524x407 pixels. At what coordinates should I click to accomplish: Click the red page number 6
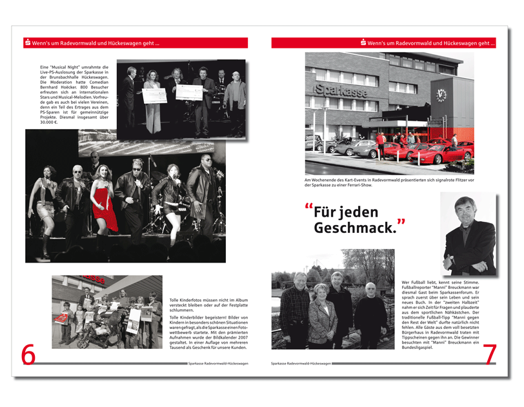[28, 355]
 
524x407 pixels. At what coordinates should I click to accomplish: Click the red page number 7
[490, 355]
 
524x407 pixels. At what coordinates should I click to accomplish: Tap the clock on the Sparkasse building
[441, 94]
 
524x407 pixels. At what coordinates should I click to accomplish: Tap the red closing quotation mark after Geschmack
[401, 223]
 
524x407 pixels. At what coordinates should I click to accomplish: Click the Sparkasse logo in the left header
[28, 43]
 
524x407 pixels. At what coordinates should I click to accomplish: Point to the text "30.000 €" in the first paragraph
[49, 122]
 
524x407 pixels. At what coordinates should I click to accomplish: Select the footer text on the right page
[301, 363]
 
